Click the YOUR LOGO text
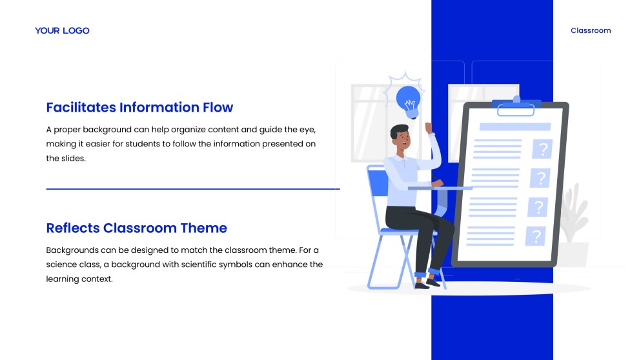point(62,31)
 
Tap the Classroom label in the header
point(591,30)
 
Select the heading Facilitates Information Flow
point(139,107)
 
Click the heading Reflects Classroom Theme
point(137,228)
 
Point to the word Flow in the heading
point(218,107)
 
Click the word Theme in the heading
point(203,228)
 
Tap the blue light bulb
point(409,101)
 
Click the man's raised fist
point(429,128)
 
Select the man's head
point(400,137)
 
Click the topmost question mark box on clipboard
point(542,149)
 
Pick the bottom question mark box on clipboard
point(536,236)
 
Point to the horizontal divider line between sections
point(193,189)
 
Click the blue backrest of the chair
point(378,182)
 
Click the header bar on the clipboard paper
point(515,126)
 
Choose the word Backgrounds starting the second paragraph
point(68,250)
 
